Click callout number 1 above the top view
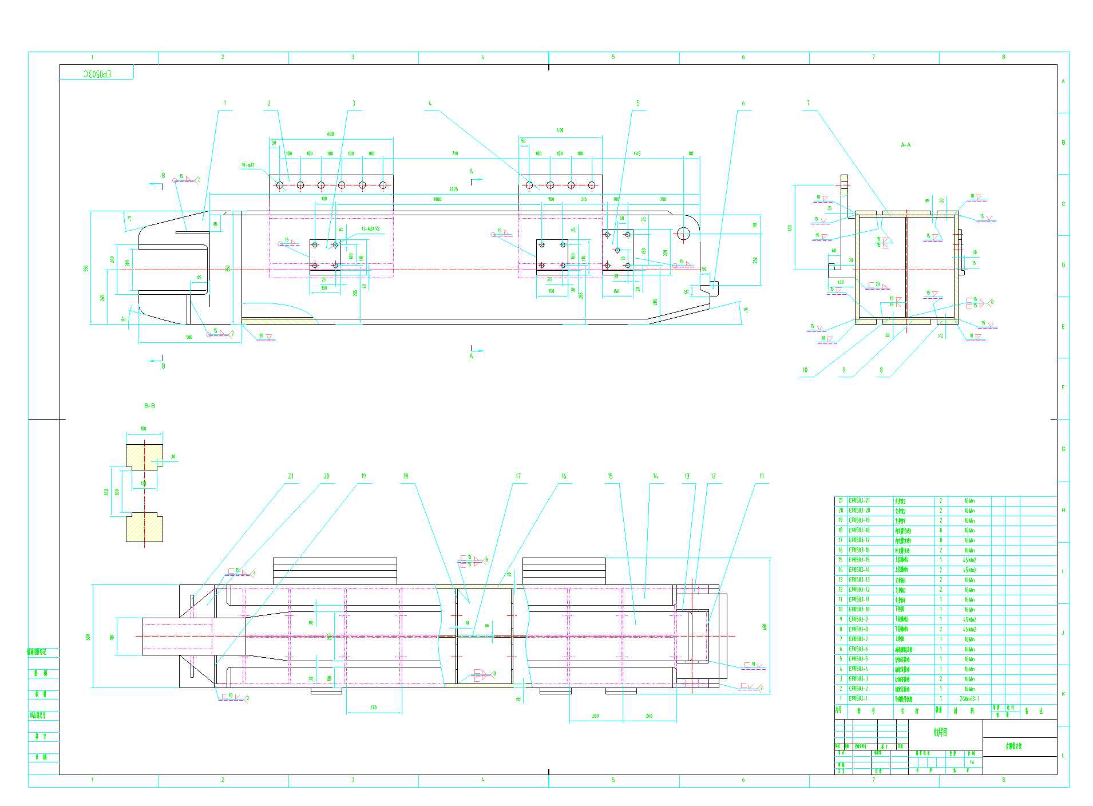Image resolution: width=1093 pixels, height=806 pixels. click(x=225, y=104)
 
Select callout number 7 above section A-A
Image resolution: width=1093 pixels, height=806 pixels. click(x=808, y=104)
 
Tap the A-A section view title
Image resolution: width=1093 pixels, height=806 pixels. click(x=905, y=145)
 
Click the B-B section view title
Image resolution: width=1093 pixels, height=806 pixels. click(x=149, y=406)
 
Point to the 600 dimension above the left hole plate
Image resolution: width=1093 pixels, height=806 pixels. click(x=331, y=134)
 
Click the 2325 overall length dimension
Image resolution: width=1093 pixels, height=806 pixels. click(x=453, y=189)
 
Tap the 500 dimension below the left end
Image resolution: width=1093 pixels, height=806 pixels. click(x=189, y=338)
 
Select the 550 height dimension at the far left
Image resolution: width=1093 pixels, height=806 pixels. click(x=86, y=268)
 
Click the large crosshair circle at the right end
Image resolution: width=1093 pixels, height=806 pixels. click(x=683, y=234)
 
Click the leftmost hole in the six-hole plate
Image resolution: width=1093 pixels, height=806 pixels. click(x=280, y=185)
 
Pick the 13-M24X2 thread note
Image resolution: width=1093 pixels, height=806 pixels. click(x=370, y=229)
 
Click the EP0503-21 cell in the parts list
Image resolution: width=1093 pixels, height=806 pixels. click(x=859, y=501)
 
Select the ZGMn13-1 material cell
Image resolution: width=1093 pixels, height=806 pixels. click(x=969, y=698)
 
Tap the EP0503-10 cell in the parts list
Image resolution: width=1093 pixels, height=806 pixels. click(x=859, y=610)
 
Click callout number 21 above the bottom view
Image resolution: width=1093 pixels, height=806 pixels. click(x=291, y=476)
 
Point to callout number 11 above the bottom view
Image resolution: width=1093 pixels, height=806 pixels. click(x=761, y=476)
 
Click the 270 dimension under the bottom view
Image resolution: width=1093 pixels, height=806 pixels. click(x=373, y=708)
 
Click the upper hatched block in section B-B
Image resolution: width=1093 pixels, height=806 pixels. click(x=144, y=457)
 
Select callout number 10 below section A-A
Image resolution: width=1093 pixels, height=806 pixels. click(x=805, y=370)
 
